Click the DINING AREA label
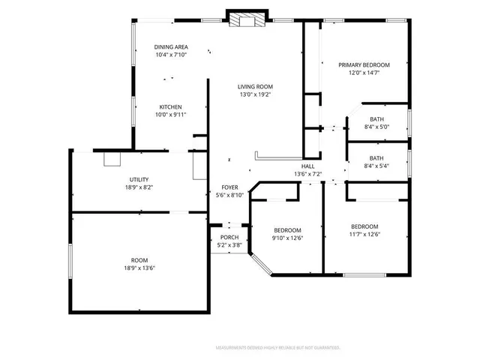(x=171, y=46)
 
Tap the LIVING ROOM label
(x=255, y=86)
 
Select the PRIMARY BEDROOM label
(x=364, y=65)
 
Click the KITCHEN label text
(x=170, y=106)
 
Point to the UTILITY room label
(x=139, y=179)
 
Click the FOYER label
(x=229, y=187)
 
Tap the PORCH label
(x=229, y=237)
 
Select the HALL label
(x=307, y=166)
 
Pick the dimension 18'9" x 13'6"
(x=139, y=268)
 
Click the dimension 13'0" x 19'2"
(x=255, y=94)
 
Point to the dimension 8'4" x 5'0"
(x=376, y=127)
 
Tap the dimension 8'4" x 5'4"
(x=376, y=166)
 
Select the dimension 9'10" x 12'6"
(x=287, y=238)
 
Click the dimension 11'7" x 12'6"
(x=364, y=234)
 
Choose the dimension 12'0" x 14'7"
(x=364, y=73)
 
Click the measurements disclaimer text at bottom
(x=277, y=348)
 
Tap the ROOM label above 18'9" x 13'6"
(x=139, y=260)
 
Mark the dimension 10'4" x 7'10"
(x=171, y=55)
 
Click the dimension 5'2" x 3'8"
(x=229, y=244)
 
